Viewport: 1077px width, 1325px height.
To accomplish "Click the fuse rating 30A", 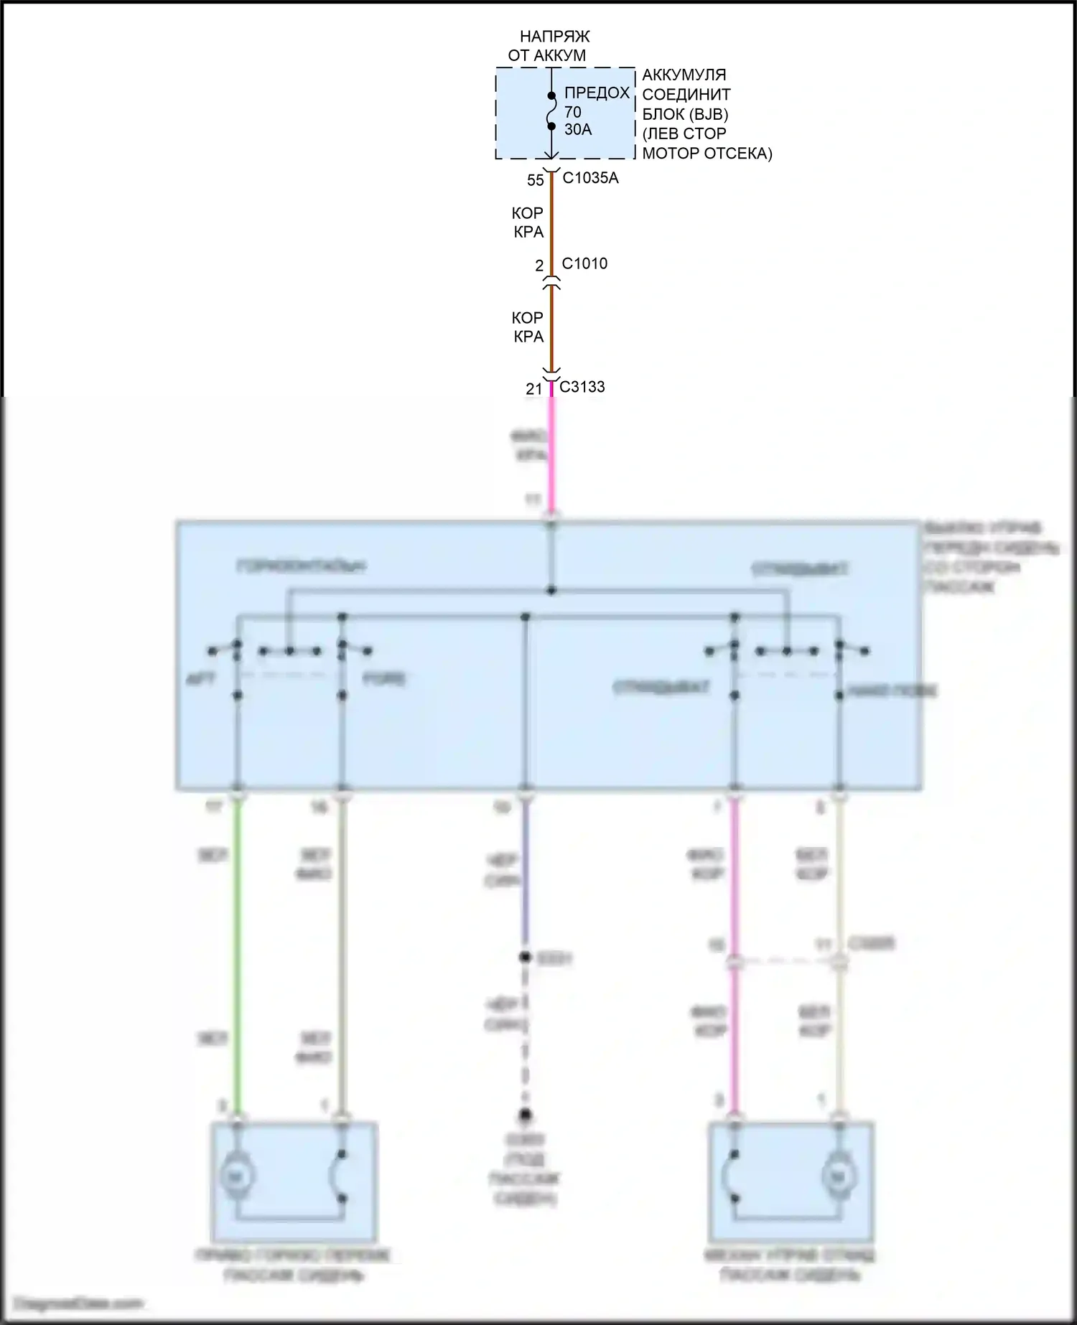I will click(x=578, y=130).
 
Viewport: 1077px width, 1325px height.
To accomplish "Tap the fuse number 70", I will click(x=572, y=112).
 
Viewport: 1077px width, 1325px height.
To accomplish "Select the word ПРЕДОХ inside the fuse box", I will click(x=597, y=93).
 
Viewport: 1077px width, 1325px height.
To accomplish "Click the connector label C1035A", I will click(x=590, y=178).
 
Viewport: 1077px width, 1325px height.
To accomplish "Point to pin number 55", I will click(x=536, y=180).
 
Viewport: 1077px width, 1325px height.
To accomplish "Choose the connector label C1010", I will click(x=584, y=263).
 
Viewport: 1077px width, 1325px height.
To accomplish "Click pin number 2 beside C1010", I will click(x=539, y=266).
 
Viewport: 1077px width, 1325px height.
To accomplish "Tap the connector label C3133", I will click(x=582, y=387).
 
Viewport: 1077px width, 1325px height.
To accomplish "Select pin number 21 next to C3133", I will click(x=533, y=389).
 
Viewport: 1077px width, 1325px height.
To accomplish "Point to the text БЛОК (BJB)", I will click(x=685, y=114).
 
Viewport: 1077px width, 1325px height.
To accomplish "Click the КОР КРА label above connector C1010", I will click(x=528, y=223).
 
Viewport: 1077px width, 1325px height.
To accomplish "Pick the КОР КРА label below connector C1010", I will click(x=528, y=327).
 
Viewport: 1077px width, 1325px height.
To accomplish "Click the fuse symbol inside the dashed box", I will click(x=551, y=111).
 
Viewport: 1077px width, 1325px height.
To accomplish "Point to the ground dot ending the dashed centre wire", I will click(x=526, y=1115).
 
